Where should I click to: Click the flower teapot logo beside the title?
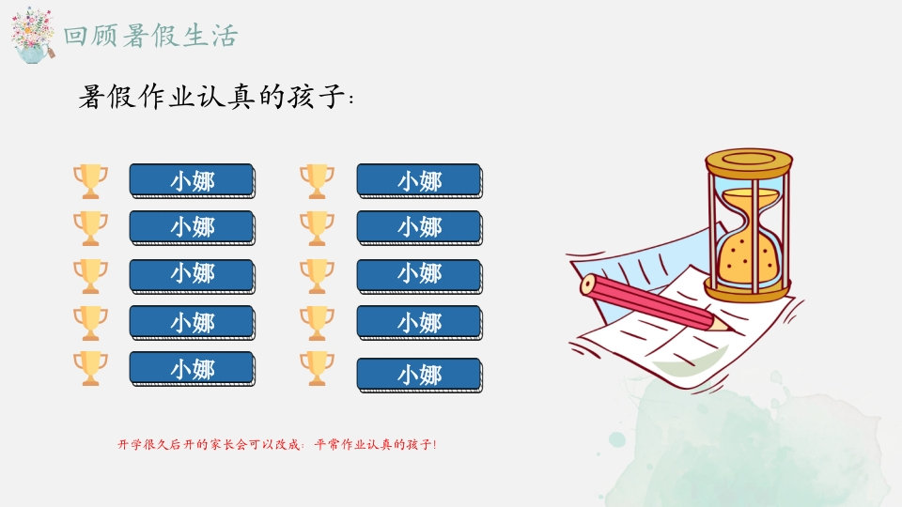coord(33,36)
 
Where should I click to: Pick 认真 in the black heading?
coord(225,96)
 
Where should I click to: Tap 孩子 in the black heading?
coord(316,96)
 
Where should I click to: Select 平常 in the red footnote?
coord(327,444)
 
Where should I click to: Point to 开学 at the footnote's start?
coord(130,444)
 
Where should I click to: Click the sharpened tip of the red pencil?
coord(731,330)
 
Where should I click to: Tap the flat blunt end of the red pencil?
coord(588,284)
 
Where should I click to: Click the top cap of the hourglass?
coord(749,161)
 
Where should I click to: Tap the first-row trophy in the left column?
coord(90,181)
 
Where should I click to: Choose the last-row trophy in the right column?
coord(317,368)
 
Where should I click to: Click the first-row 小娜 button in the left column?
coord(192,180)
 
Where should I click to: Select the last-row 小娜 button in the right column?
coord(419,376)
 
